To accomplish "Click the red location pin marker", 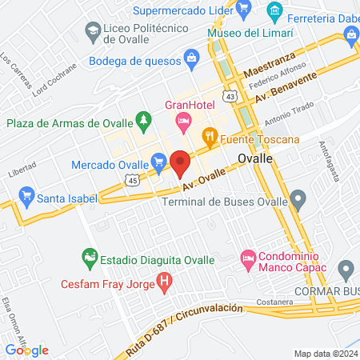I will click(180, 163).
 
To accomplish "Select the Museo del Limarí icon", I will click(275, 11).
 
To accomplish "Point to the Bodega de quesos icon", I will click(191, 58).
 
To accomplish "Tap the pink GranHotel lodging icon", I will click(183, 122).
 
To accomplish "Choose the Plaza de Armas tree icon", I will click(143, 122).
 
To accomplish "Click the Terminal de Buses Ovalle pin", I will click(298, 198).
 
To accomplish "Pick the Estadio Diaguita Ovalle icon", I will click(89, 258).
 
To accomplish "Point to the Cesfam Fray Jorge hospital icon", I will click(164, 282).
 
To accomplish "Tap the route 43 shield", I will click(230, 96).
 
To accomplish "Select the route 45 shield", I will click(132, 181).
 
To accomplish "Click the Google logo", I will click(27, 350).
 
